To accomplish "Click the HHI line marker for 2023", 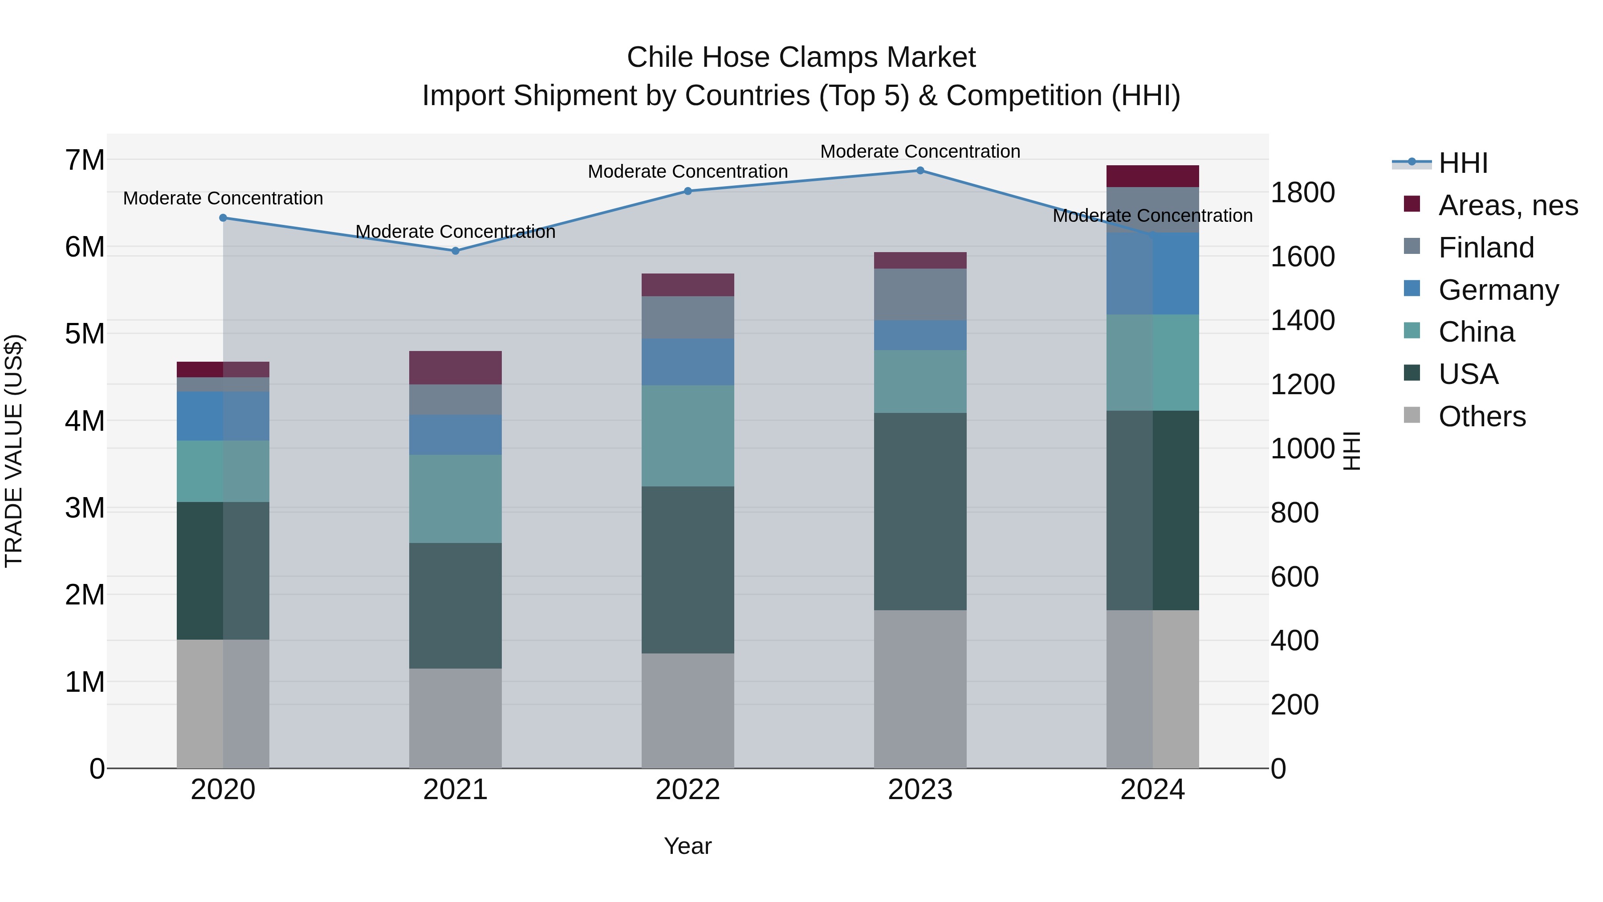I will point(920,171).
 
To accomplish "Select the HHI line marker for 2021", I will point(455,251).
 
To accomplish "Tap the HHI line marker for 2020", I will point(223,218).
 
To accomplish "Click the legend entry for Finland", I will point(1485,248).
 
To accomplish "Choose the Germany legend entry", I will point(1498,290).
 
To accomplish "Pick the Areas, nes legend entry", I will point(1507,205).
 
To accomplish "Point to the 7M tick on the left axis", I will point(85,160).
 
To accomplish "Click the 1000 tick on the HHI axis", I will point(1302,449).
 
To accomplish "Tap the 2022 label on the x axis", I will point(688,790).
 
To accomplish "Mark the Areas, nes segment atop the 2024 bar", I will point(1152,176).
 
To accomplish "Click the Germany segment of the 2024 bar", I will point(1152,274).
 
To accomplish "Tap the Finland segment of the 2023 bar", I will point(920,294).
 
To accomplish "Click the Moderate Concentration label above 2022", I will point(688,171).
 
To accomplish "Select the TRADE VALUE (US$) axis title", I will point(14,451).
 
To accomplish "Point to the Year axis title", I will point(688,846).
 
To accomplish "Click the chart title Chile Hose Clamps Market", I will point(801,57).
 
